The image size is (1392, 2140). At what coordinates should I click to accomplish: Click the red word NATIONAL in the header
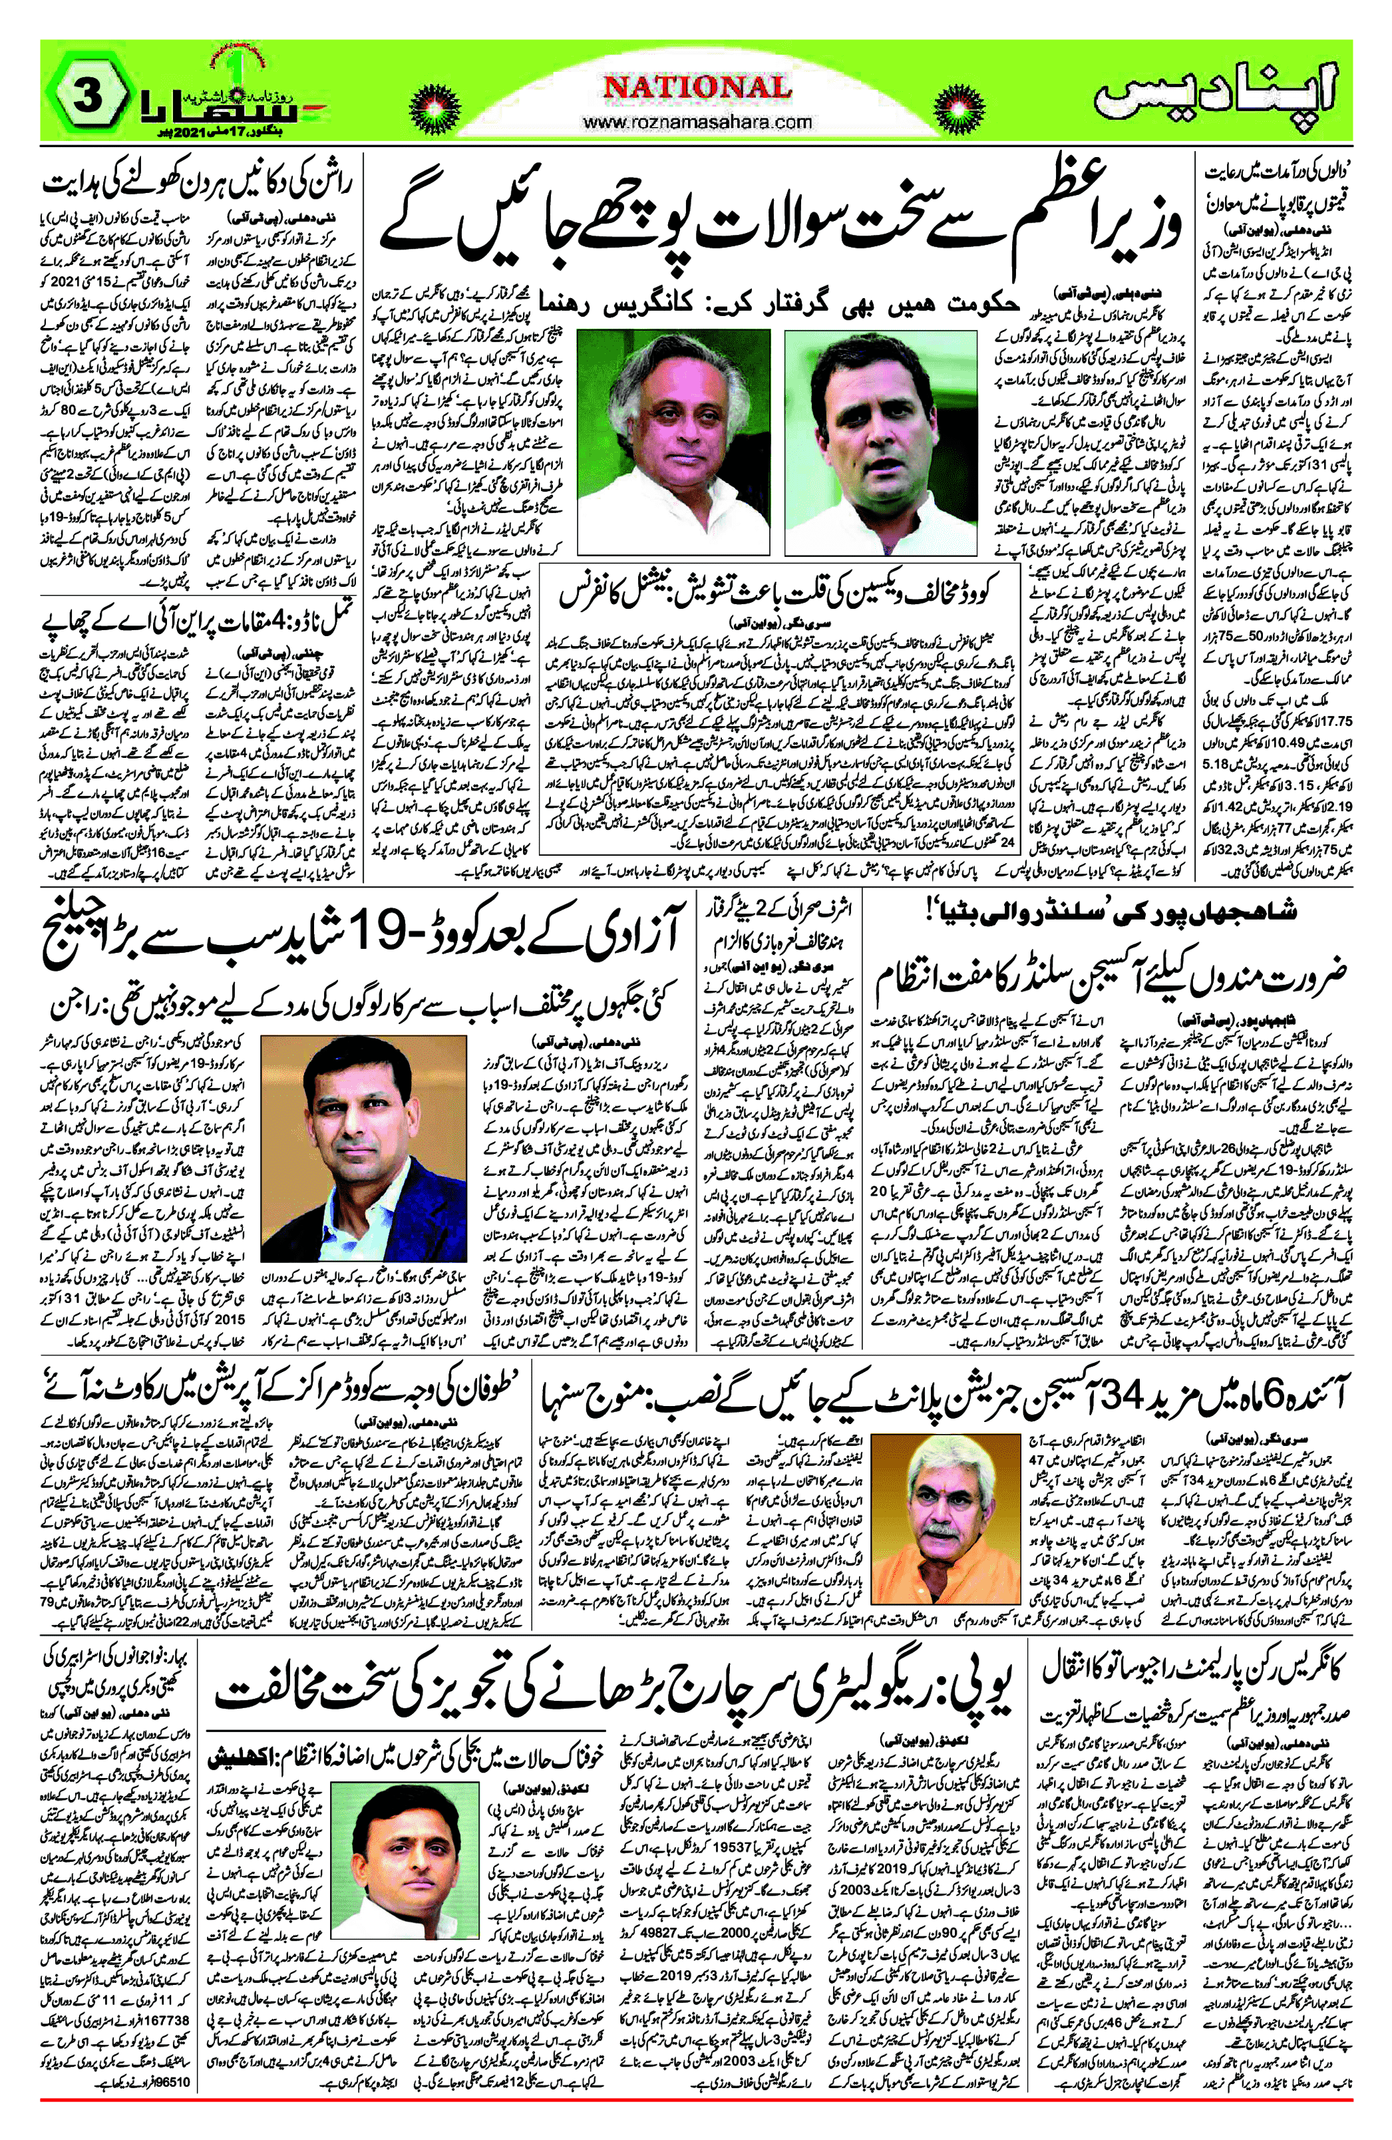(697, 87)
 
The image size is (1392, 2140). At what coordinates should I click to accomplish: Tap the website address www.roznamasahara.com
(697, 121)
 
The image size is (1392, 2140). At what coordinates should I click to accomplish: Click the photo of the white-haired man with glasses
(673, 441)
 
